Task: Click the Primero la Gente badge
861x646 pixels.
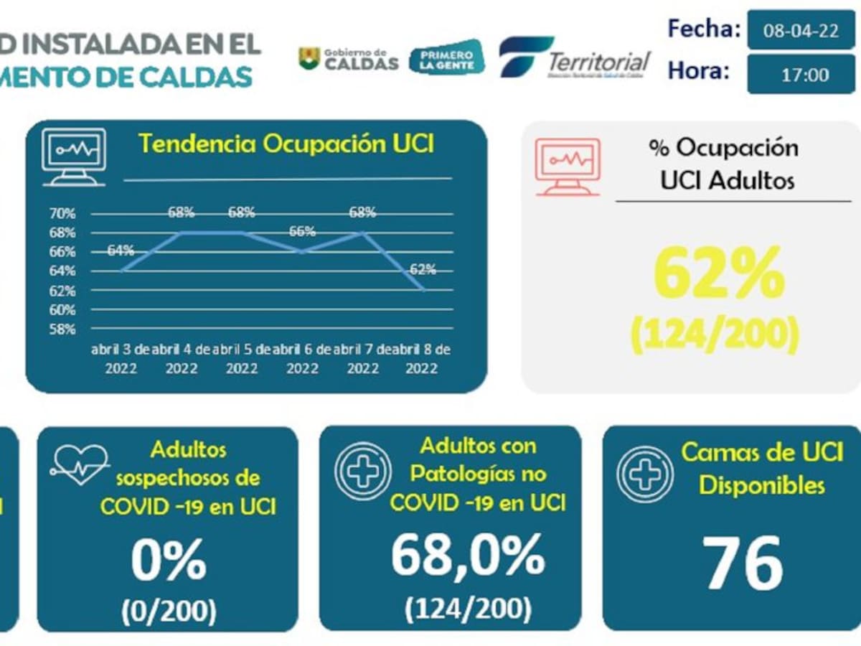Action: tap(446, 58)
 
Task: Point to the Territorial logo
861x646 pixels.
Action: tap(575, 57)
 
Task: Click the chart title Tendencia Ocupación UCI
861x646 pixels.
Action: tap(286, 144)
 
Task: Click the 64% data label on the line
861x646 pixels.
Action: tap(121, 251)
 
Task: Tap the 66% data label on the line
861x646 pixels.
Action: tap(302, 232)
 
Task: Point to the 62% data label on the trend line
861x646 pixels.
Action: tap(423, 270)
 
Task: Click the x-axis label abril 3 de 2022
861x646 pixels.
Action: tap(121, 358)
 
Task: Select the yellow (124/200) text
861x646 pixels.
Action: tap(715, 334)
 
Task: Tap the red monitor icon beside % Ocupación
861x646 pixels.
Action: tap(568, 166)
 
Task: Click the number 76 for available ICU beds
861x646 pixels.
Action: tap(741, 563)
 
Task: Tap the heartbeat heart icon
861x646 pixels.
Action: tap(79, 463)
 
